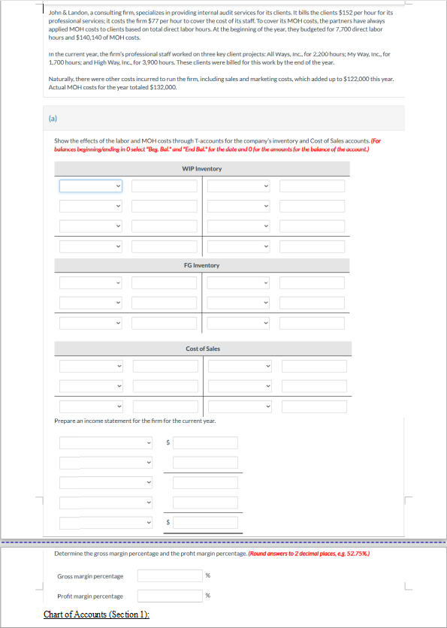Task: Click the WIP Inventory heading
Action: point(202,169)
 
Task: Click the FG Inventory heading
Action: point(202,265)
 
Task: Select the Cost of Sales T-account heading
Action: point(202,349)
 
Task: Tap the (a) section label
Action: point(53,118)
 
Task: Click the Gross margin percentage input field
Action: point(169,576)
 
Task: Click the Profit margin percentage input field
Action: point(169,596)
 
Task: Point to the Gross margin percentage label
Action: point(90,576)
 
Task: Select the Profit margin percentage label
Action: point(90,596)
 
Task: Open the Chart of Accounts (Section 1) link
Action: point(96,614)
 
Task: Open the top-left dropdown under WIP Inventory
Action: point(91,186)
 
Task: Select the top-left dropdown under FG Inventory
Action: point(91,282)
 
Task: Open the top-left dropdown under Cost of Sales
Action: point(91,366)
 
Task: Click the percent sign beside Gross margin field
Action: point(208,576)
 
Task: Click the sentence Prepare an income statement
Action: point(135,421)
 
